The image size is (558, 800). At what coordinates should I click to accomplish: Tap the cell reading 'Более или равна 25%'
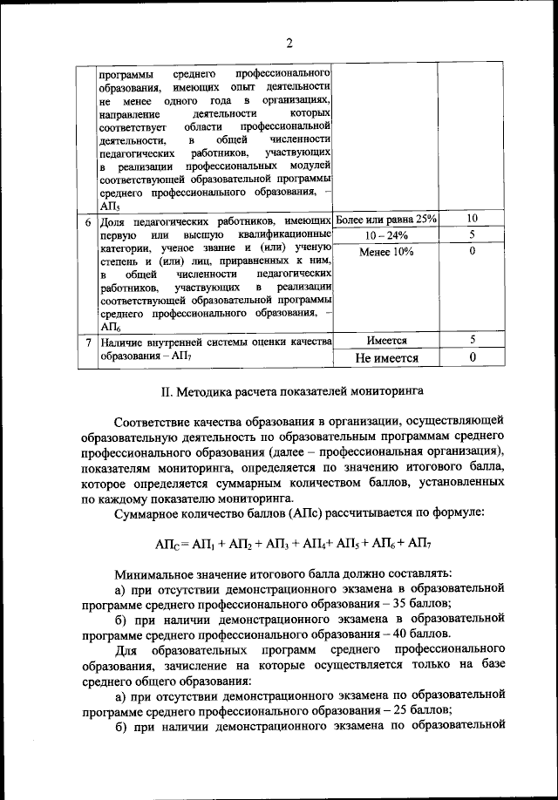pos(386,218)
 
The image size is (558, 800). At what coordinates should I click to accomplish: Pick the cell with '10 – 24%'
pos(386,234)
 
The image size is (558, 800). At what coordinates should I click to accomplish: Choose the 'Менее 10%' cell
pos(386,252)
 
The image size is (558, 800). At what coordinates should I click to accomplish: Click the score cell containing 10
pos(472,218)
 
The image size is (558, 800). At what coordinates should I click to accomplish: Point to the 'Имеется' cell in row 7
pos(386,341)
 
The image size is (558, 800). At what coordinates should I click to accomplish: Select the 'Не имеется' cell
pos(386,357)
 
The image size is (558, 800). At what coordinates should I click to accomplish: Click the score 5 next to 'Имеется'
pos(472,341)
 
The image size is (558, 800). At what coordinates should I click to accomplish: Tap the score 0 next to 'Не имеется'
pos(472,357)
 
